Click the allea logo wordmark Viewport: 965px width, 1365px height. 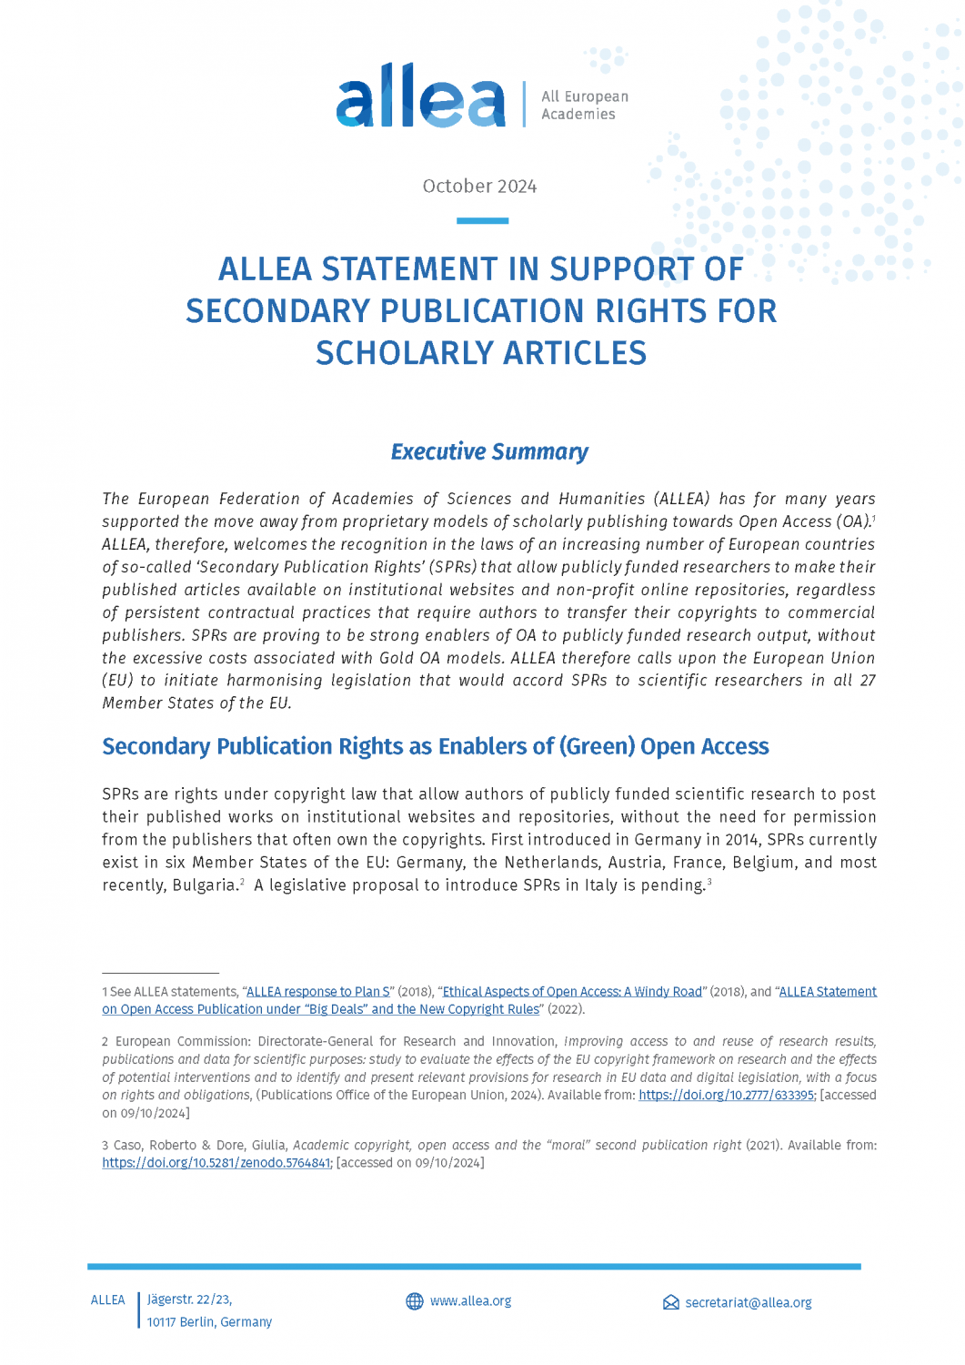click(x=420, y=97)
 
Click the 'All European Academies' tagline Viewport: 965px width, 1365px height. click(x=584, y=105)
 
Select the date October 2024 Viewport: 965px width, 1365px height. click(x=479, y=187)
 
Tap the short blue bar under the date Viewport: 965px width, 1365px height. click(x=482, y=220)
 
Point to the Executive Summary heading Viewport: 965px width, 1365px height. click(x=489, y=451)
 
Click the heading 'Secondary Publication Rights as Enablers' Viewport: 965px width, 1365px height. click(x=435, y=746)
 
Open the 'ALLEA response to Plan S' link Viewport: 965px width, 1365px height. click(x=318, y=992)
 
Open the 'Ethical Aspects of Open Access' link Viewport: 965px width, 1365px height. click(x=572, y=992)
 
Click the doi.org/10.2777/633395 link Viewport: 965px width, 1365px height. click(x=727, y=1095)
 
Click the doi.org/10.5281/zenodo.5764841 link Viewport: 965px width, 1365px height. click(x=216, y=1163)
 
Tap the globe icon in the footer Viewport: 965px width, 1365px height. click(x=415, y=1301)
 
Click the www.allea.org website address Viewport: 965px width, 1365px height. click(x=470, y=1301)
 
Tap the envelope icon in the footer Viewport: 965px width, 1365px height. click(x=671, y=1303)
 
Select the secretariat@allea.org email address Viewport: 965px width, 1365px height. click(x=749, y=1303)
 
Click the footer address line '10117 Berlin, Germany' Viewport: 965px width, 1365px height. click(x=209, y=1322)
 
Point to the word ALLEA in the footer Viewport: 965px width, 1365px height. click(x=108, y=1300)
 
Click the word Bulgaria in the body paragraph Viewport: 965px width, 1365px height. click(x=204, y=885)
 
